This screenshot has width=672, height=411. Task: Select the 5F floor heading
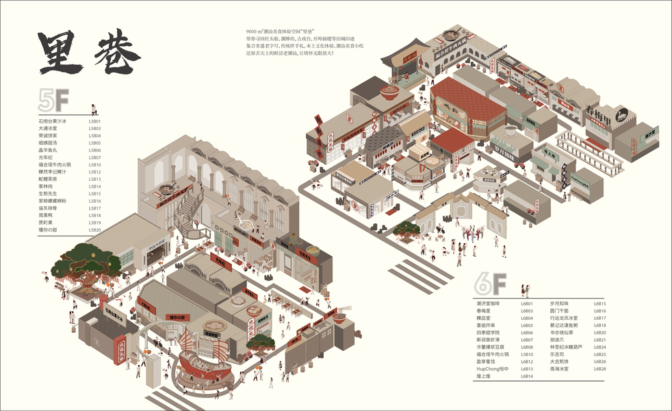54,101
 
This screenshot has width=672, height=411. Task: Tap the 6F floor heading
491,283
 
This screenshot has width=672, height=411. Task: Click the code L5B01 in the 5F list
94,121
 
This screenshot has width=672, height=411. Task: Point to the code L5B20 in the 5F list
94,229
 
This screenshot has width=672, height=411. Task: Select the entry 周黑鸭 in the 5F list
47,215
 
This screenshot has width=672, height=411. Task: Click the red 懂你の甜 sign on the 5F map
181,316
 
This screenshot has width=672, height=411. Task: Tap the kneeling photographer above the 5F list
94,110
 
